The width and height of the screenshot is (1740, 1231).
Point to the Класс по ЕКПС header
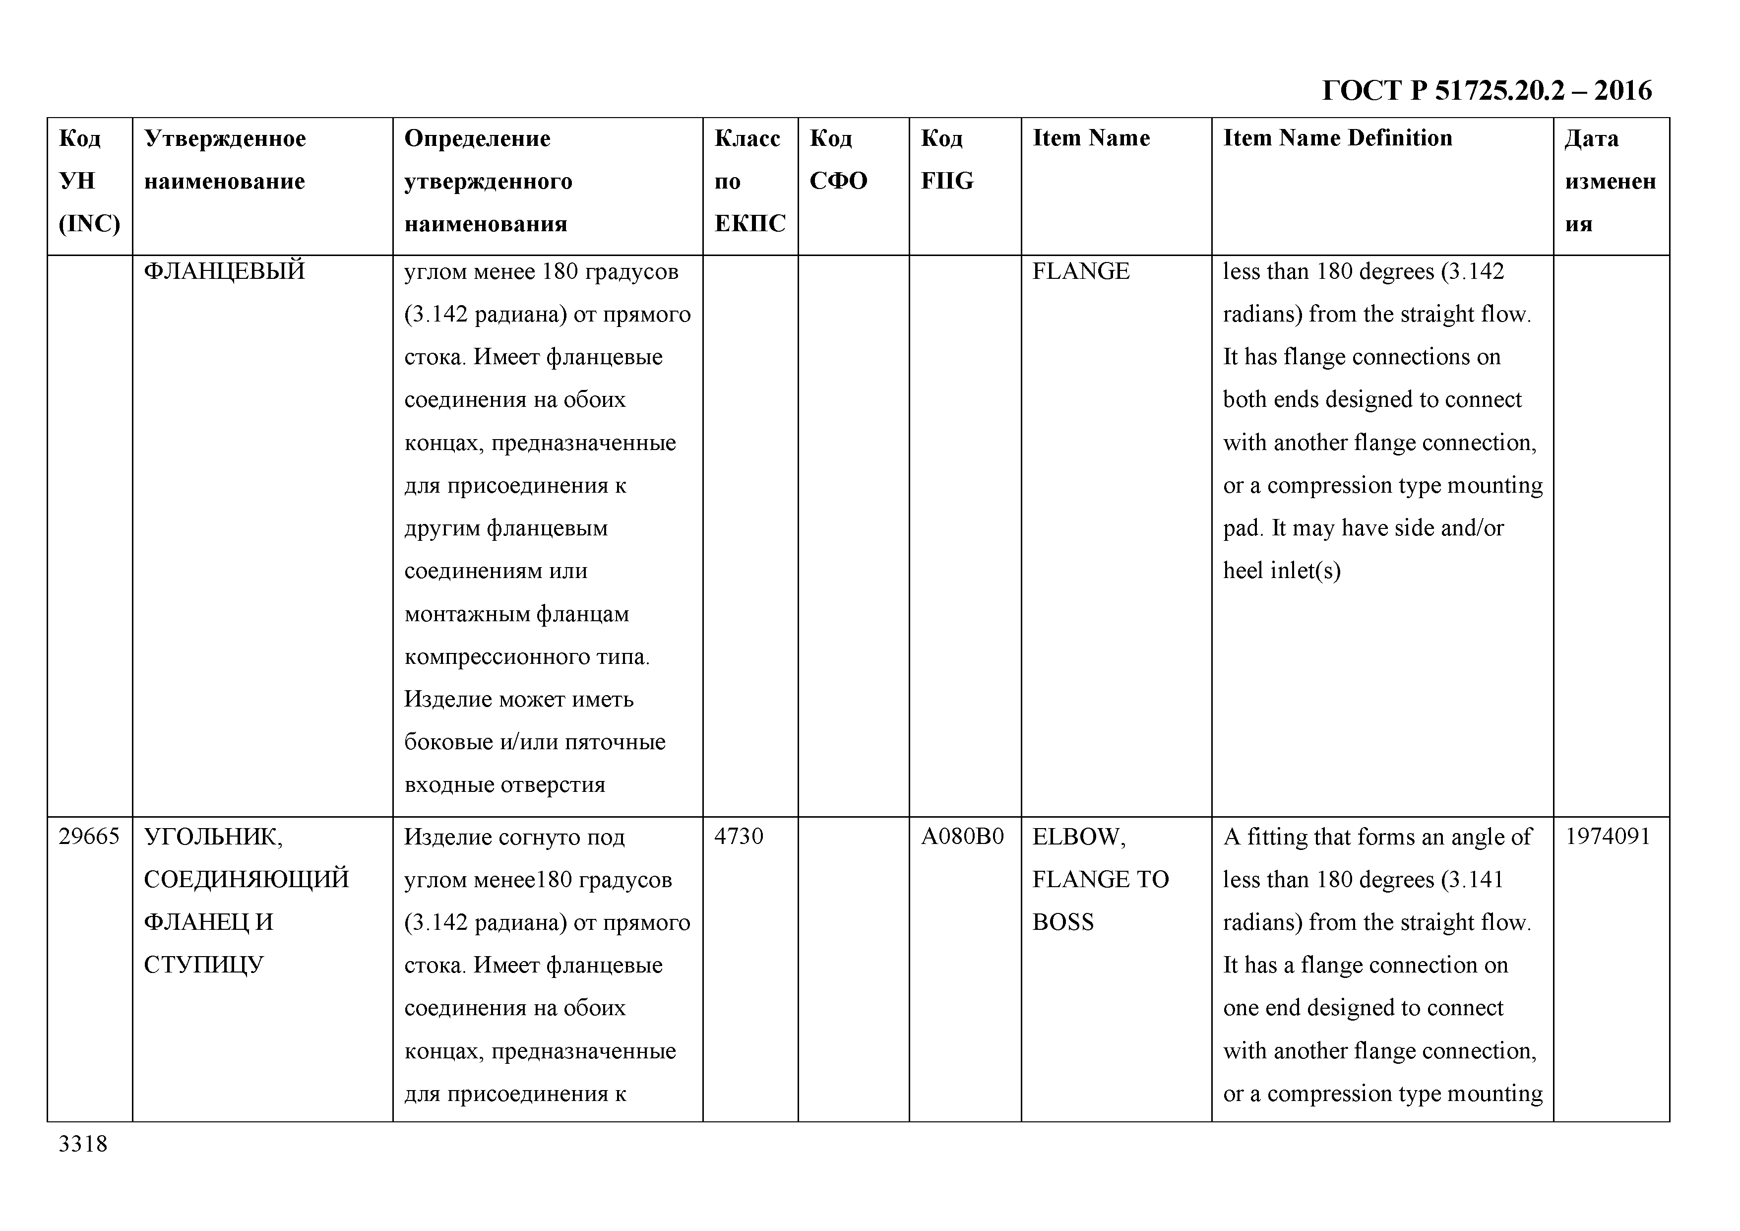[749, 181]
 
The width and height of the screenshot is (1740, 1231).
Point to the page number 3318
[83, 1144]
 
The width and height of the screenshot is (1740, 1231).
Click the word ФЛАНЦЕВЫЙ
[224, 270]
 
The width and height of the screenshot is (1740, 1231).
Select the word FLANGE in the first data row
[1081, 270]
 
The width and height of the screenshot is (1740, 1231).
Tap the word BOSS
[1063, 922]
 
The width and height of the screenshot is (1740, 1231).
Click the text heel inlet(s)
[1282, 570]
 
